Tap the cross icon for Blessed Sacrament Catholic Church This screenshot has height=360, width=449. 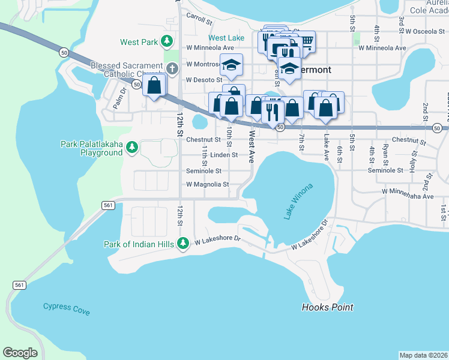click(172, 67)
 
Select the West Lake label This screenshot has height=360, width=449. click(227, 38)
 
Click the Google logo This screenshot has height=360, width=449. click(20, 352)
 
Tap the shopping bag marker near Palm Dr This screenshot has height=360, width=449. click(154, 85)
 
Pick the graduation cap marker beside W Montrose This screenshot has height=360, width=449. click(231, 64)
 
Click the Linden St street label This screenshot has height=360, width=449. click(224, 155)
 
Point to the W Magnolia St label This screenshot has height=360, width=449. click(209, 185)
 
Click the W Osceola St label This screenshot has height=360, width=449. click(425, 31)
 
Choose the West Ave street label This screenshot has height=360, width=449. click(252, 147)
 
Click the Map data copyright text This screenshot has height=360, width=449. click(423, 355)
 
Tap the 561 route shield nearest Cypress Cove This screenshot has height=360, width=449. click(19, 284)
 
